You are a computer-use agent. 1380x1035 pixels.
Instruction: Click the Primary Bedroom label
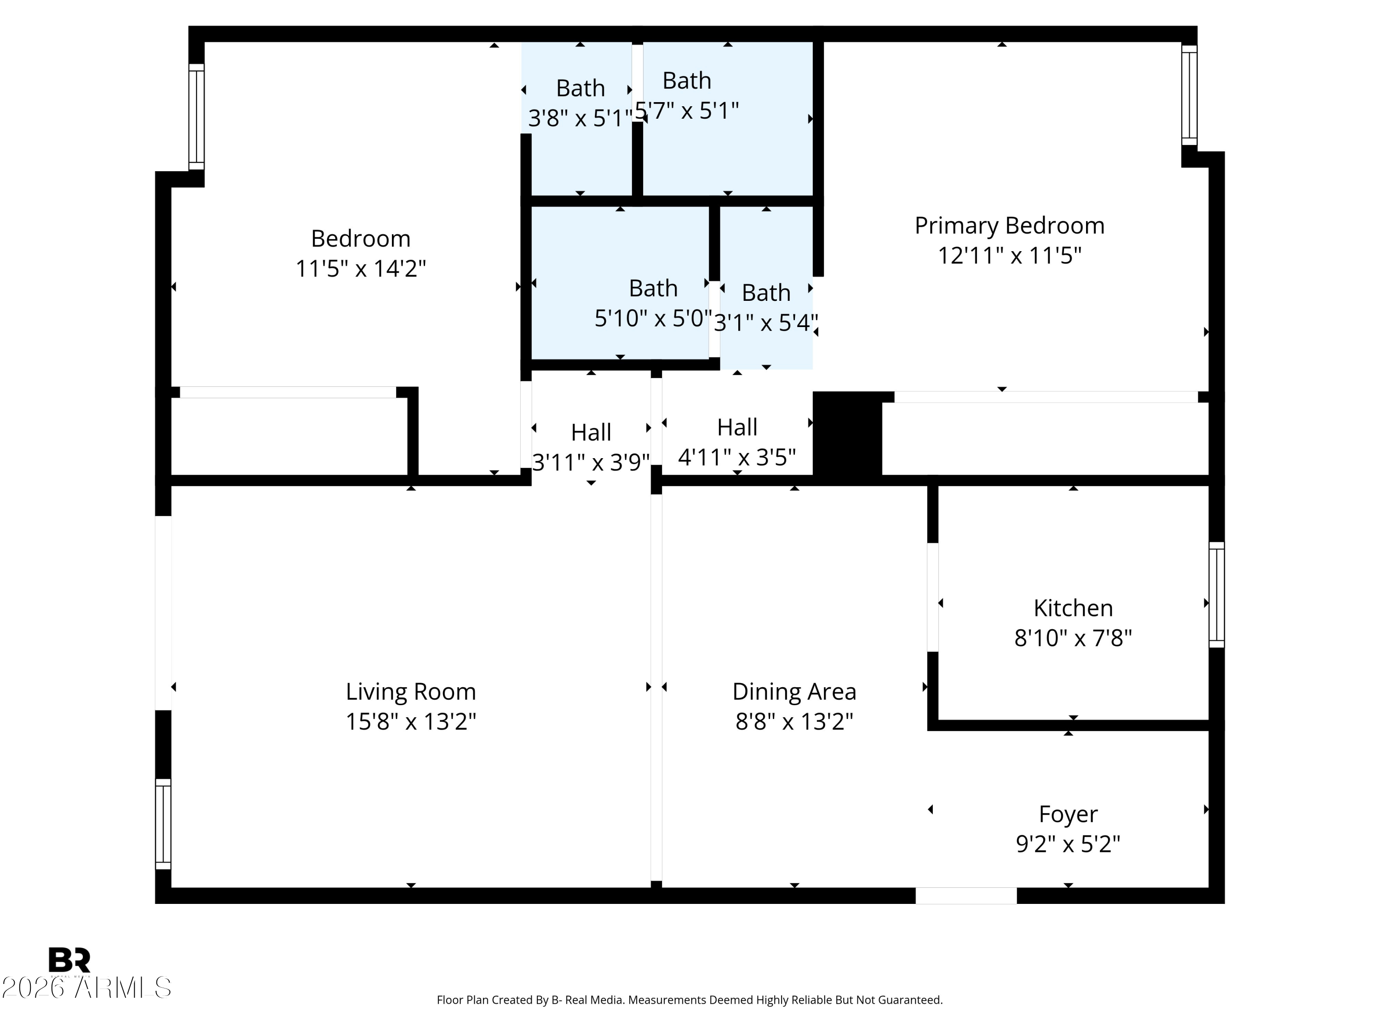1009,226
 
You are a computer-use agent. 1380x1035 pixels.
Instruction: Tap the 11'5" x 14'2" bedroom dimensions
361,269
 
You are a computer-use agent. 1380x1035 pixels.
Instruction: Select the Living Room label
410,691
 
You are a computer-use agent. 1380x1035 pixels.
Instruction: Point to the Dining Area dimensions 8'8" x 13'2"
793,722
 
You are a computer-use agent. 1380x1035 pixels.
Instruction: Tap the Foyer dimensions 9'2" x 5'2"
1068,844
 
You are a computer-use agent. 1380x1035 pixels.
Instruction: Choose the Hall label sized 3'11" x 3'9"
591,432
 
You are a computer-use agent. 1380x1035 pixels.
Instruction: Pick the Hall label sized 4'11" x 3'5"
737,427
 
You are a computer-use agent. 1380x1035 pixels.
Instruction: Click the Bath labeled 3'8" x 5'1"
580,89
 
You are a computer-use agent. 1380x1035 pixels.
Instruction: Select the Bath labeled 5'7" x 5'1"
686,81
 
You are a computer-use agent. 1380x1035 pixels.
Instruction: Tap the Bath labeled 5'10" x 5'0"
653,289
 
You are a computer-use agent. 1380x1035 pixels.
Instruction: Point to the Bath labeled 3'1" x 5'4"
765,293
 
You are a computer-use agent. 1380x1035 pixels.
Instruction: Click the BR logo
69,960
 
